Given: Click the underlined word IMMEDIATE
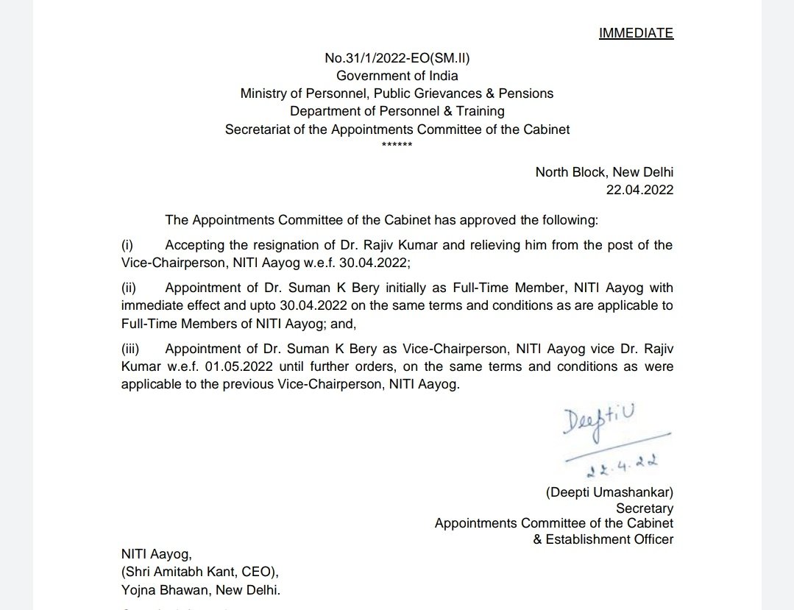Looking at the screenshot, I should [637, 33].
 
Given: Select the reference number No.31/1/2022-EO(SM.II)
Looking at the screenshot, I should [397, 59].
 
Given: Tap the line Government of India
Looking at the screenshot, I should [397, 76].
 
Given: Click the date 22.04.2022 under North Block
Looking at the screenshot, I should [639, 190].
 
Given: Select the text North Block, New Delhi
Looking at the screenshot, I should [604, 172].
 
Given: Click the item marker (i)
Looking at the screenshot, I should [127, 245].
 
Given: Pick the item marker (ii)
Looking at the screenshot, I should [128, 288].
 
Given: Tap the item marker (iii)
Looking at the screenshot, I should [130, 348].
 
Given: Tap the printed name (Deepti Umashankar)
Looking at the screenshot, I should [609, 492].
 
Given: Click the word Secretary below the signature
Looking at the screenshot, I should [645, 508].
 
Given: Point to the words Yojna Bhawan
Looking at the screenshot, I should [162, 590].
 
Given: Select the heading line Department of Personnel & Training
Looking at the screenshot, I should [397, 111].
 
